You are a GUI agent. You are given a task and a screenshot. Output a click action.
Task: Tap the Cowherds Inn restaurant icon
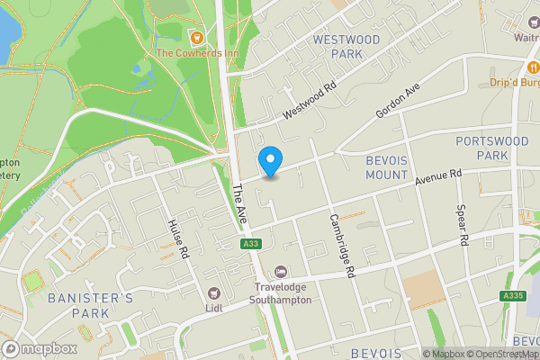tap(195, 36)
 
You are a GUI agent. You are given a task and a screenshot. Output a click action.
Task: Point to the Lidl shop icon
tap(214, 292)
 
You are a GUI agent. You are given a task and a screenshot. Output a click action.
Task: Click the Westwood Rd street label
tap(309, 100)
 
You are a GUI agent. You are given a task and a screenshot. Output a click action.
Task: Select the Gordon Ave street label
tap(398, 103)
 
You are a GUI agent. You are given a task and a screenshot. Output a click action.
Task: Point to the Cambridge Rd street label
tap(343, 244)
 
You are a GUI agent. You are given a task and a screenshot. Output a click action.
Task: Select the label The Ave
tap(239, 206)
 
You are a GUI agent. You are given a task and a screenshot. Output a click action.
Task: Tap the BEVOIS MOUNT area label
tap(388, 166)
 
